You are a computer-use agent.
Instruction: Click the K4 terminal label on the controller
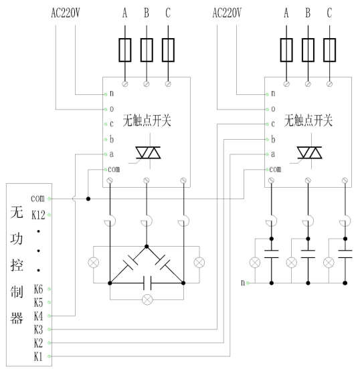(x=38, y=316)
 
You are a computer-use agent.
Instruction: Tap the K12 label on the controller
(x=38, y=215)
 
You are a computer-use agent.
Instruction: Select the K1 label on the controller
(x=38, y=356)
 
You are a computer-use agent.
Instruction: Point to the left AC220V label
(x=66, y=13)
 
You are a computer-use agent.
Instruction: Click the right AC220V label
(x=227, y=13)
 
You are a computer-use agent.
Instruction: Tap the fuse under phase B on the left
(x=147, y=50)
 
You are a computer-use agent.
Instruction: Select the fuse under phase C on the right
(x=329, y=50)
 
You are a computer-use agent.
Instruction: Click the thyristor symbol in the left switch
(x=148, y=152)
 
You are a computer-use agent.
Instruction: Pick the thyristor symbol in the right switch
(x=310, y=152)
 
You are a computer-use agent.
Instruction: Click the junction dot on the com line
(x=88, y=199)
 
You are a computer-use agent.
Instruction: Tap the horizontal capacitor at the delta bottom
(x=148, y=283)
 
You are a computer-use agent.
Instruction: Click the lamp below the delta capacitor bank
(x=147, y=299)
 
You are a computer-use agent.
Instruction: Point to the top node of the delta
(x=147, y=247)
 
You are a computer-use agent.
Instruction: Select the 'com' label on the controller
(x=37, y=198)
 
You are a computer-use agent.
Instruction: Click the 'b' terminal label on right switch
(x=273, y=139)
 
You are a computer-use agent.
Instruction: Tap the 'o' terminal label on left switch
(x=112, y=109)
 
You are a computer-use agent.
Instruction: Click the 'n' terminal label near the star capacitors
(x=243, y=283)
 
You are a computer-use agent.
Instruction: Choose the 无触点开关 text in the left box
(x=147, y=120)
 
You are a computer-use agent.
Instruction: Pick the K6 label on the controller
(x=38, y=289)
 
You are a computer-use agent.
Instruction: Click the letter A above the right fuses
(x=286, y=13)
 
